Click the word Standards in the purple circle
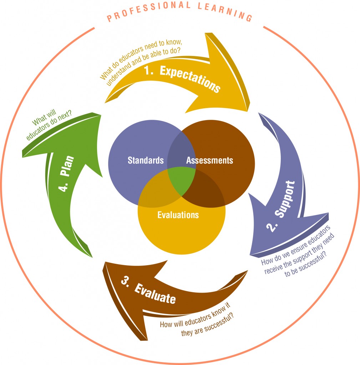click(x=146, y=160)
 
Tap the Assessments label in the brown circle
click(x=209, y=160)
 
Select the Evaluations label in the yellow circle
click(x=178, y=215)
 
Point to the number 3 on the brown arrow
click(x=125, y=281)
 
